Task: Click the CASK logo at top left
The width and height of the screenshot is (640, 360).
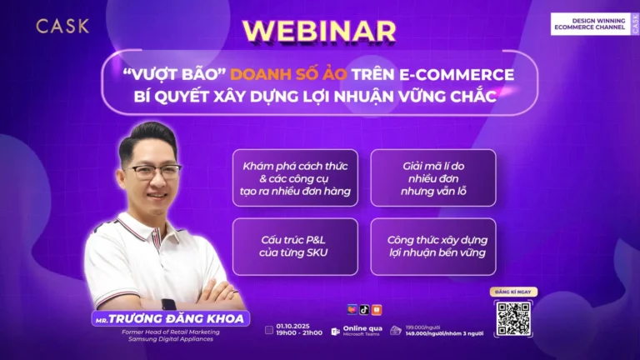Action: point(62,26)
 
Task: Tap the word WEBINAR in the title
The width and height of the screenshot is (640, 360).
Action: point(319,30)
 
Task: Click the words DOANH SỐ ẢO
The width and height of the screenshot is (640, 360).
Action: point(287,74)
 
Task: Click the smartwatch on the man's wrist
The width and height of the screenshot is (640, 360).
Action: point(169,305)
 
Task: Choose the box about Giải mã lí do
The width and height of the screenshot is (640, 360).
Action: point(432,177)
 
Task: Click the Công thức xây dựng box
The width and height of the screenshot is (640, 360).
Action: point(432,246)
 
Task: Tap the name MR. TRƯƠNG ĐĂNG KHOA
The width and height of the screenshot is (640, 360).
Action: point(171,319)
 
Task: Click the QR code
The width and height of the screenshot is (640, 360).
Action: point(513,317)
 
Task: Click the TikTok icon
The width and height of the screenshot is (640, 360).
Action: point(364,310)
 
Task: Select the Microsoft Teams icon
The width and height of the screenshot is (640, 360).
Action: point(337,332)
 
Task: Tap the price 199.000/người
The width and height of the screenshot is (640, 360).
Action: point(422,327)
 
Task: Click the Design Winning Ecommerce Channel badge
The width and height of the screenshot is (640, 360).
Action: point(592,24)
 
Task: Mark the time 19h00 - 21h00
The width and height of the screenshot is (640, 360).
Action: point(299,332)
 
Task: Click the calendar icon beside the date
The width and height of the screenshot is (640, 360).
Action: point(268,329)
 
